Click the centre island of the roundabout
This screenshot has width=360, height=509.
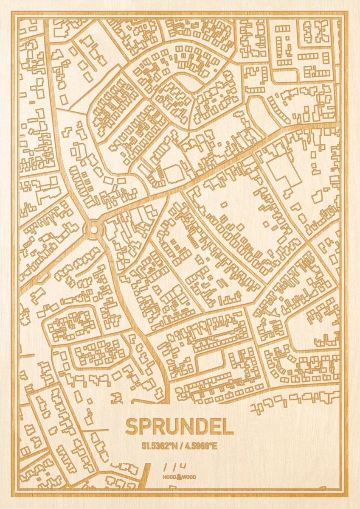pyautogui.click(x=93, y=229)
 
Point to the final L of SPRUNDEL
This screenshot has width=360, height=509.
pyautogui.click(x=228, y=427)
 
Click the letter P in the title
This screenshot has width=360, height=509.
pyautogui.click(x=144, y=427)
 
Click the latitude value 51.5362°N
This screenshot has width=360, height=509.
pyautogui.click(x=160, y=446)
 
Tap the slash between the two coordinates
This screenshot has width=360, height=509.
pyautogui.click(x=180, y=446)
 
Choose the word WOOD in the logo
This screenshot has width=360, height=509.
pyautogui.click(x=189, y=477)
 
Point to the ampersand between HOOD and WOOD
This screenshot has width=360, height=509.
pyautogui.click(x=179, y=476)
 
